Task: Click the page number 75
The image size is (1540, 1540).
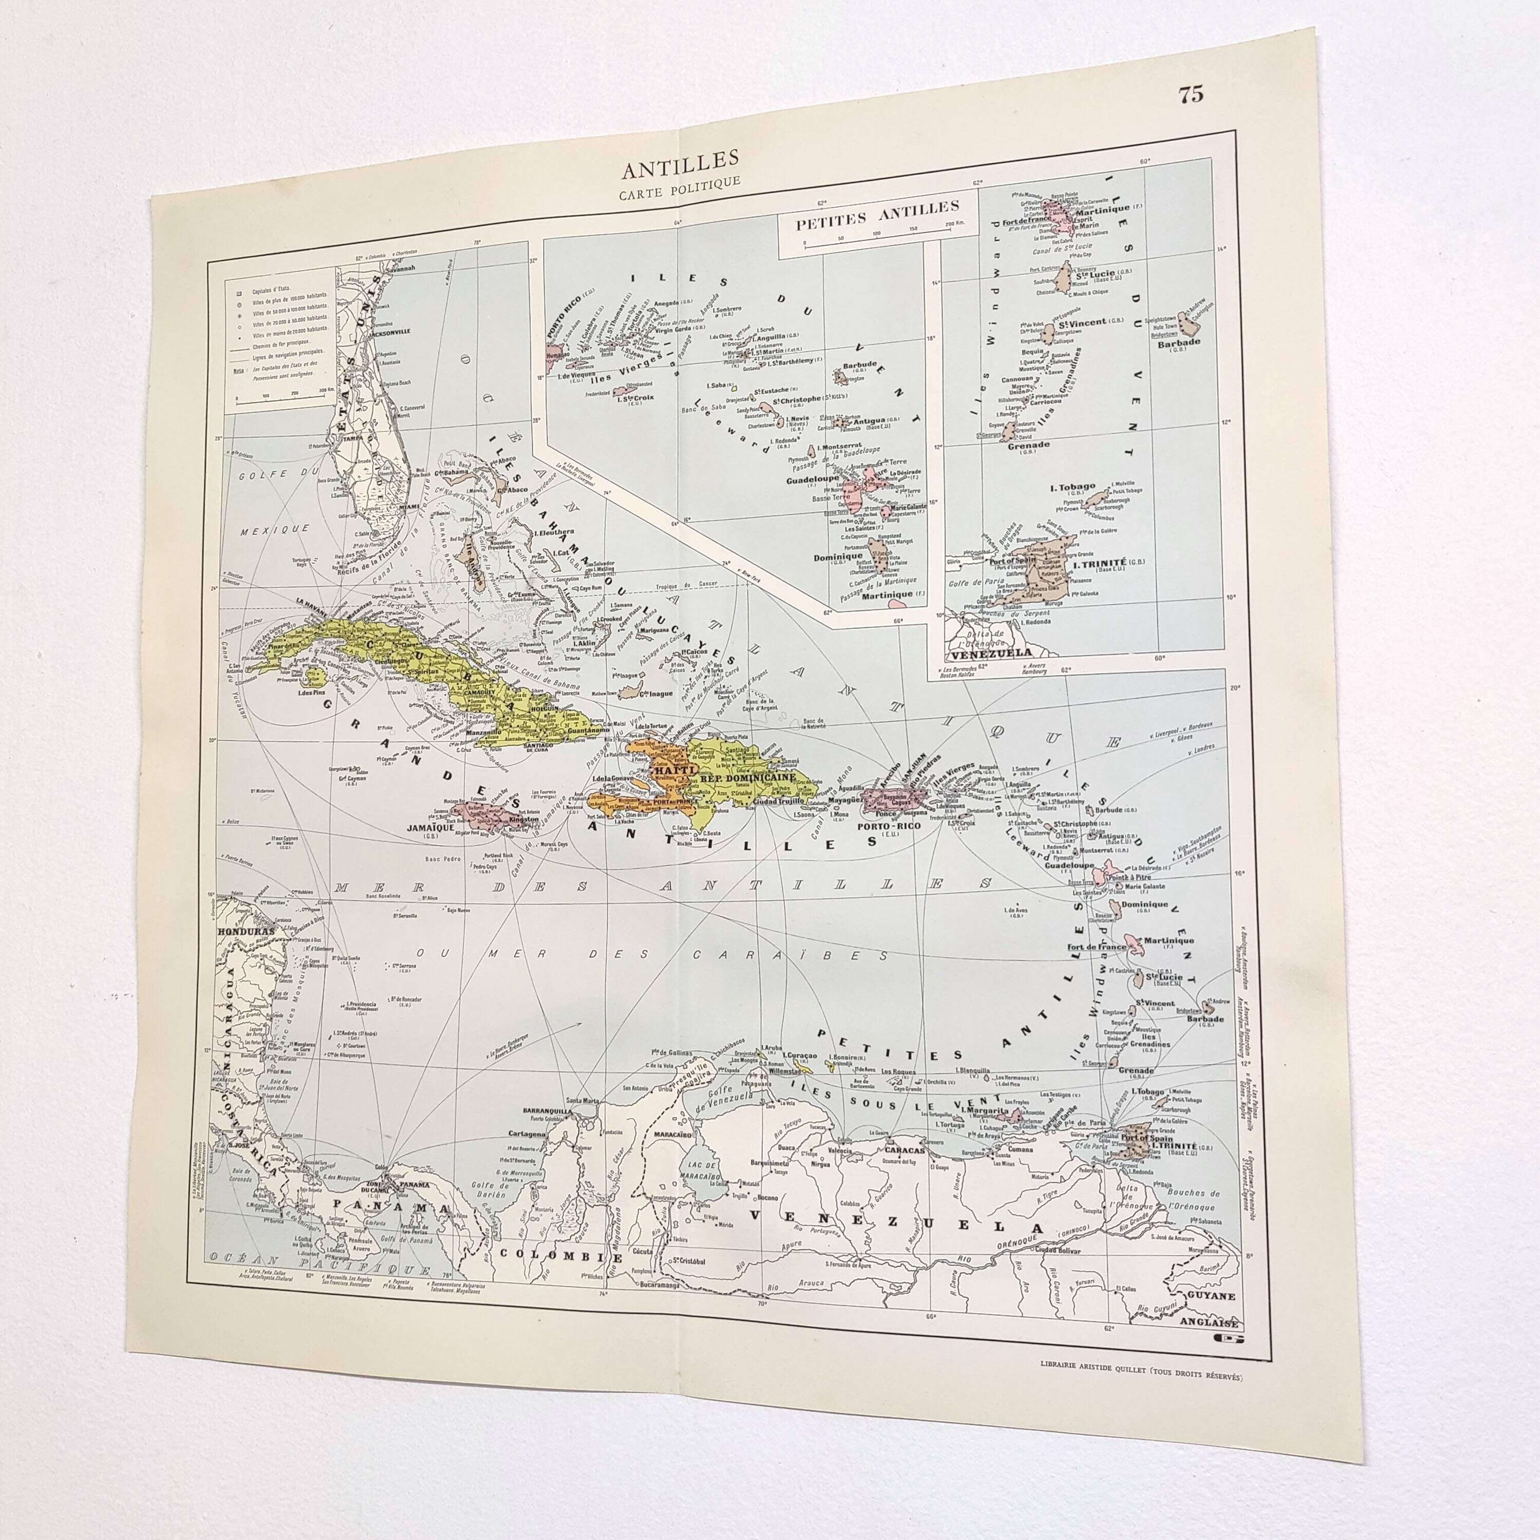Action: (x=1191, y=95)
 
